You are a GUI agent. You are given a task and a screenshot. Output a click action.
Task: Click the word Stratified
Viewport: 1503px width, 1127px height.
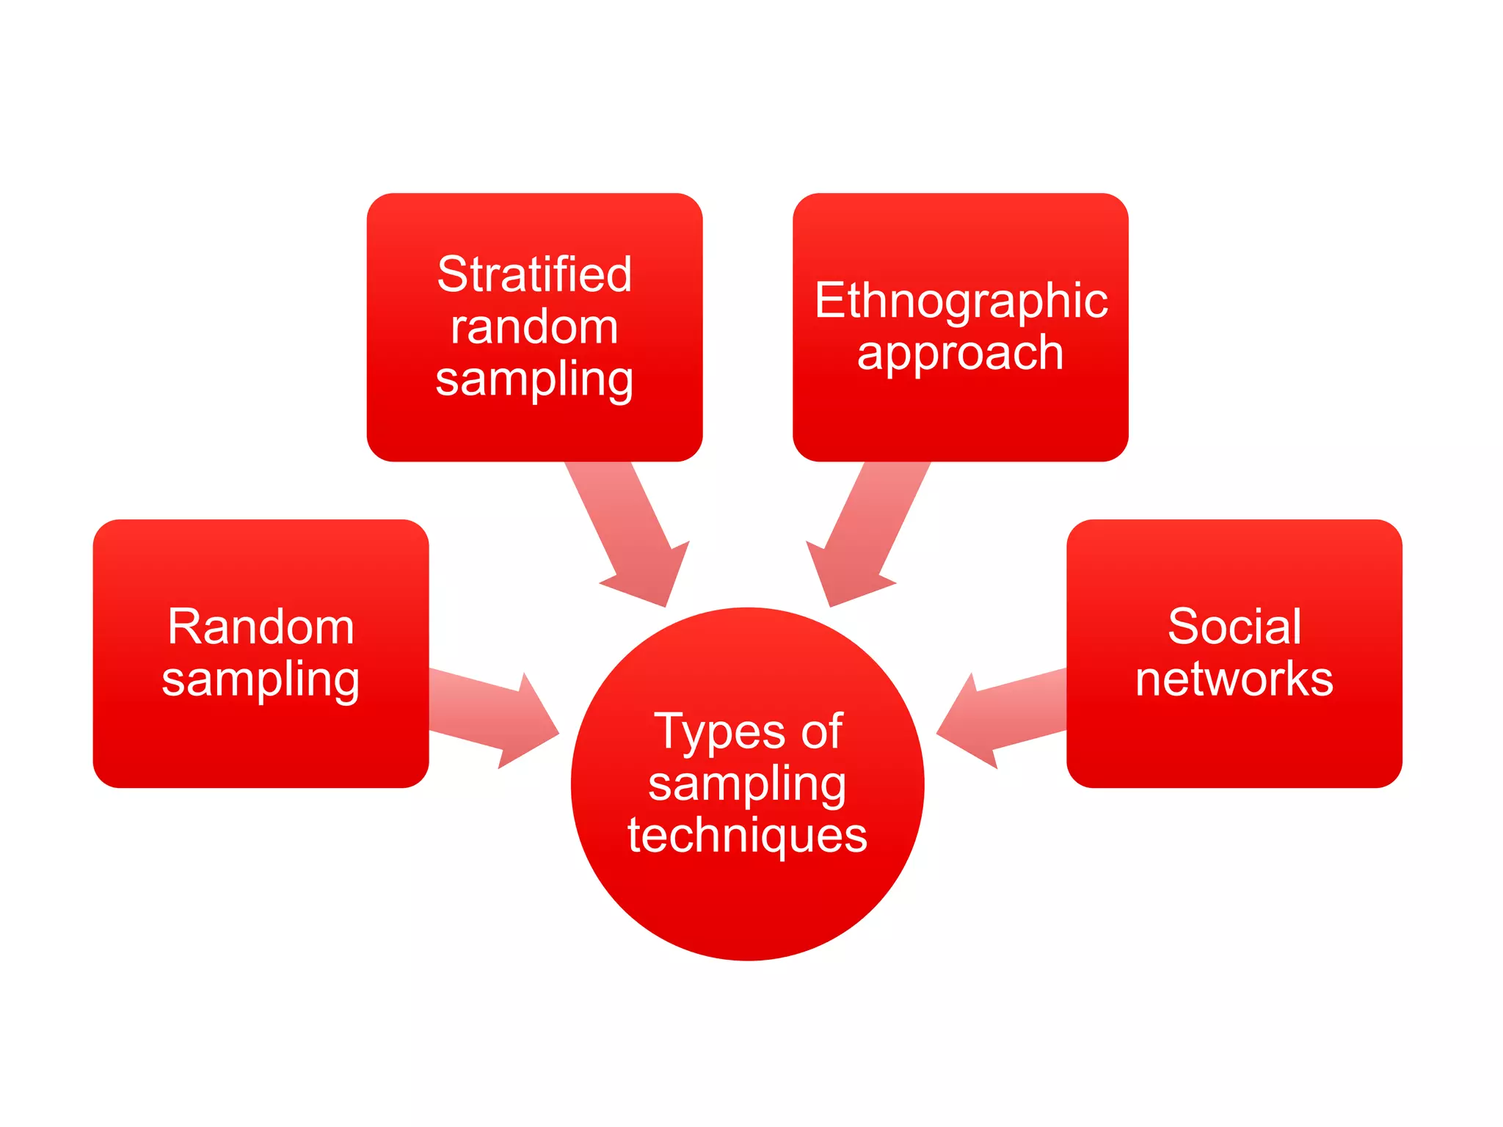pyautogui.click(x=534, y=275)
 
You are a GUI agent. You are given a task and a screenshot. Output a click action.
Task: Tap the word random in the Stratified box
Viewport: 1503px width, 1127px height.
pyautogui.click(x=534, y=328)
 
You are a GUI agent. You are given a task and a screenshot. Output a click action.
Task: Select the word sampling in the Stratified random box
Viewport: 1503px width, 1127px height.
pyautogui.click(x=534, y=380)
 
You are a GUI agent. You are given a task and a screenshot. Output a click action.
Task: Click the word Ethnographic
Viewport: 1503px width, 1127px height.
pyautogui.click(x=961, y=301)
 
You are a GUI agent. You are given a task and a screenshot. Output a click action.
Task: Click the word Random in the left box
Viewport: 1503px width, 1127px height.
pyautogui.click(x=261, y=627)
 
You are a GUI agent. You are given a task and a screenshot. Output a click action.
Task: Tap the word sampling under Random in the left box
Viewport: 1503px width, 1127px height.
pyautogui.click(x=261, y=680)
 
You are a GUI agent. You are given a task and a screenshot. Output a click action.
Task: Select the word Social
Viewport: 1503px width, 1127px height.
pyautogui.click(x=1234, y=627)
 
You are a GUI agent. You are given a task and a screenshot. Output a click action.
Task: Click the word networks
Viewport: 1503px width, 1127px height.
pyautogui.click(x=1234, y=679)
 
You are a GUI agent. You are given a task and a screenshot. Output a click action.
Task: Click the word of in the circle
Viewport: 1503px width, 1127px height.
pyautogui.click(x=821, y=732)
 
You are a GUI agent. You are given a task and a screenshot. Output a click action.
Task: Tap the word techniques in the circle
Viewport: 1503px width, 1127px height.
pyautogui.click(x=747, y=836)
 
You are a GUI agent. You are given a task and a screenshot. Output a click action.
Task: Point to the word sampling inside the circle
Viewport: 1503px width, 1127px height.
pyautogui.click(x=747, y=784)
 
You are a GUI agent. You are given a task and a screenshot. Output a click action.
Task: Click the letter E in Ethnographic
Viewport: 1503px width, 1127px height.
pyautogui.click(x=831, y=301)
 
